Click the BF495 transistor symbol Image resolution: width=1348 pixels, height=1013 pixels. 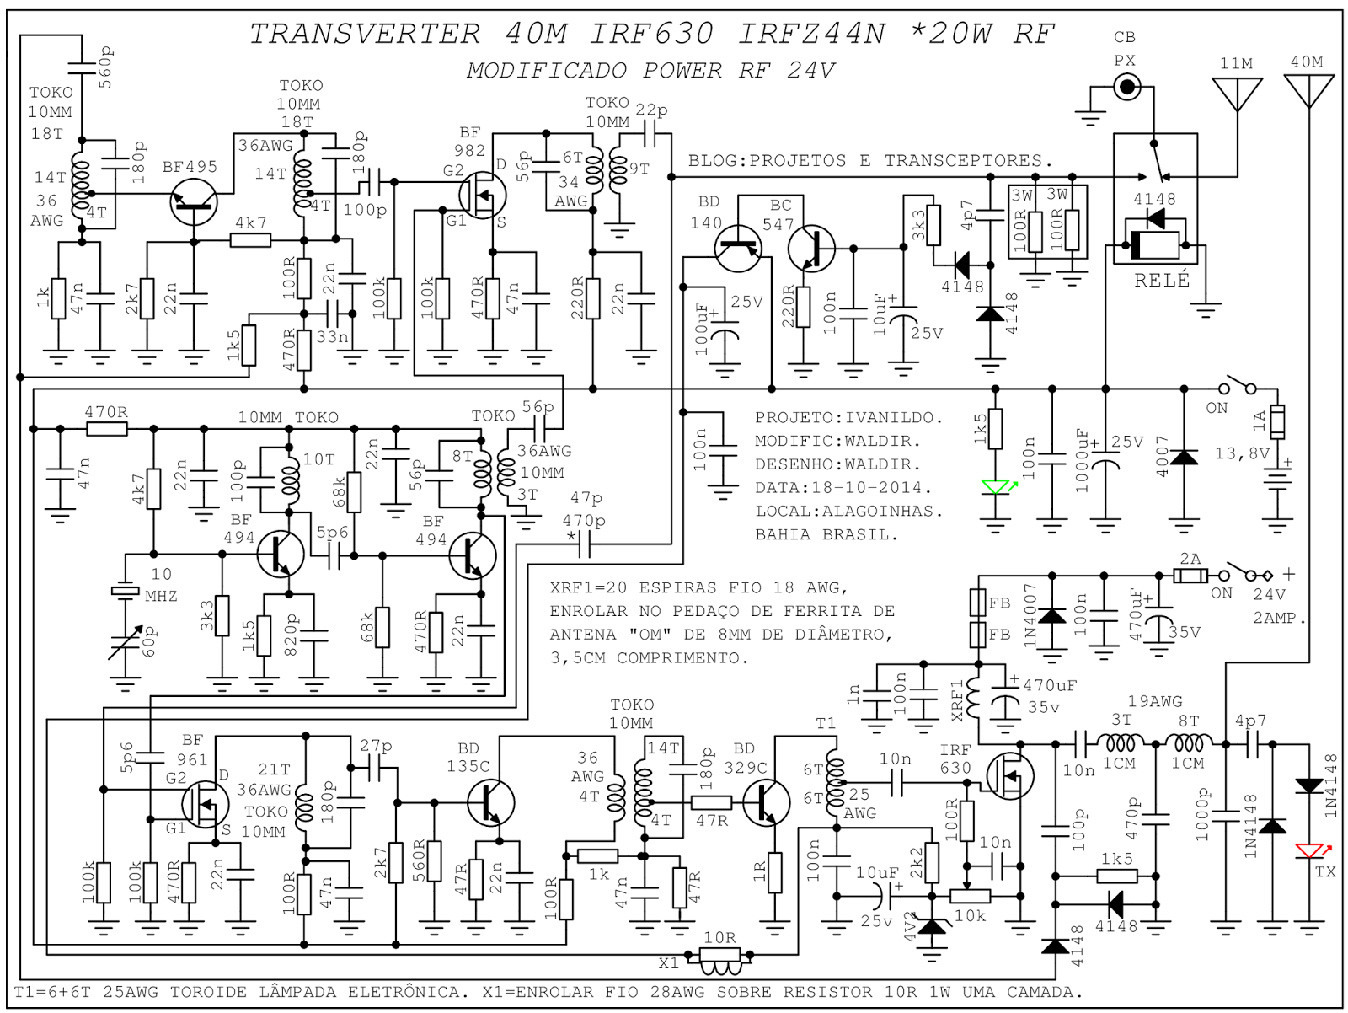coord(194,202)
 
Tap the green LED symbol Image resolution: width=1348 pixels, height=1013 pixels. coord(996,488)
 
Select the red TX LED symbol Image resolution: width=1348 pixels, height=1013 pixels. coord(1308,851)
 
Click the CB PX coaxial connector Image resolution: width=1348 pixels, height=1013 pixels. coord(1126,87)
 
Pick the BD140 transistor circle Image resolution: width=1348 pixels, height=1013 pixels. coord(738,249)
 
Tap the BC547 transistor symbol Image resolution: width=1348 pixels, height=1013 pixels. coord(811,249)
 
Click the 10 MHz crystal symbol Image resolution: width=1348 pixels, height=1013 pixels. coord(126,591)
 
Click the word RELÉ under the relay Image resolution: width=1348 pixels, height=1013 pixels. coord(1162,281)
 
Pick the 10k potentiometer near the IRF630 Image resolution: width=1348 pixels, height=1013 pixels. coord(969,896)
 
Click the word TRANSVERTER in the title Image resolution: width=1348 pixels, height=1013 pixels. coord(365,34)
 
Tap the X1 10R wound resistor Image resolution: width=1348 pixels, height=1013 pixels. coord(719,956)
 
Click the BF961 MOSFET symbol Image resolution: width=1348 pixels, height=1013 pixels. coord(205,803)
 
